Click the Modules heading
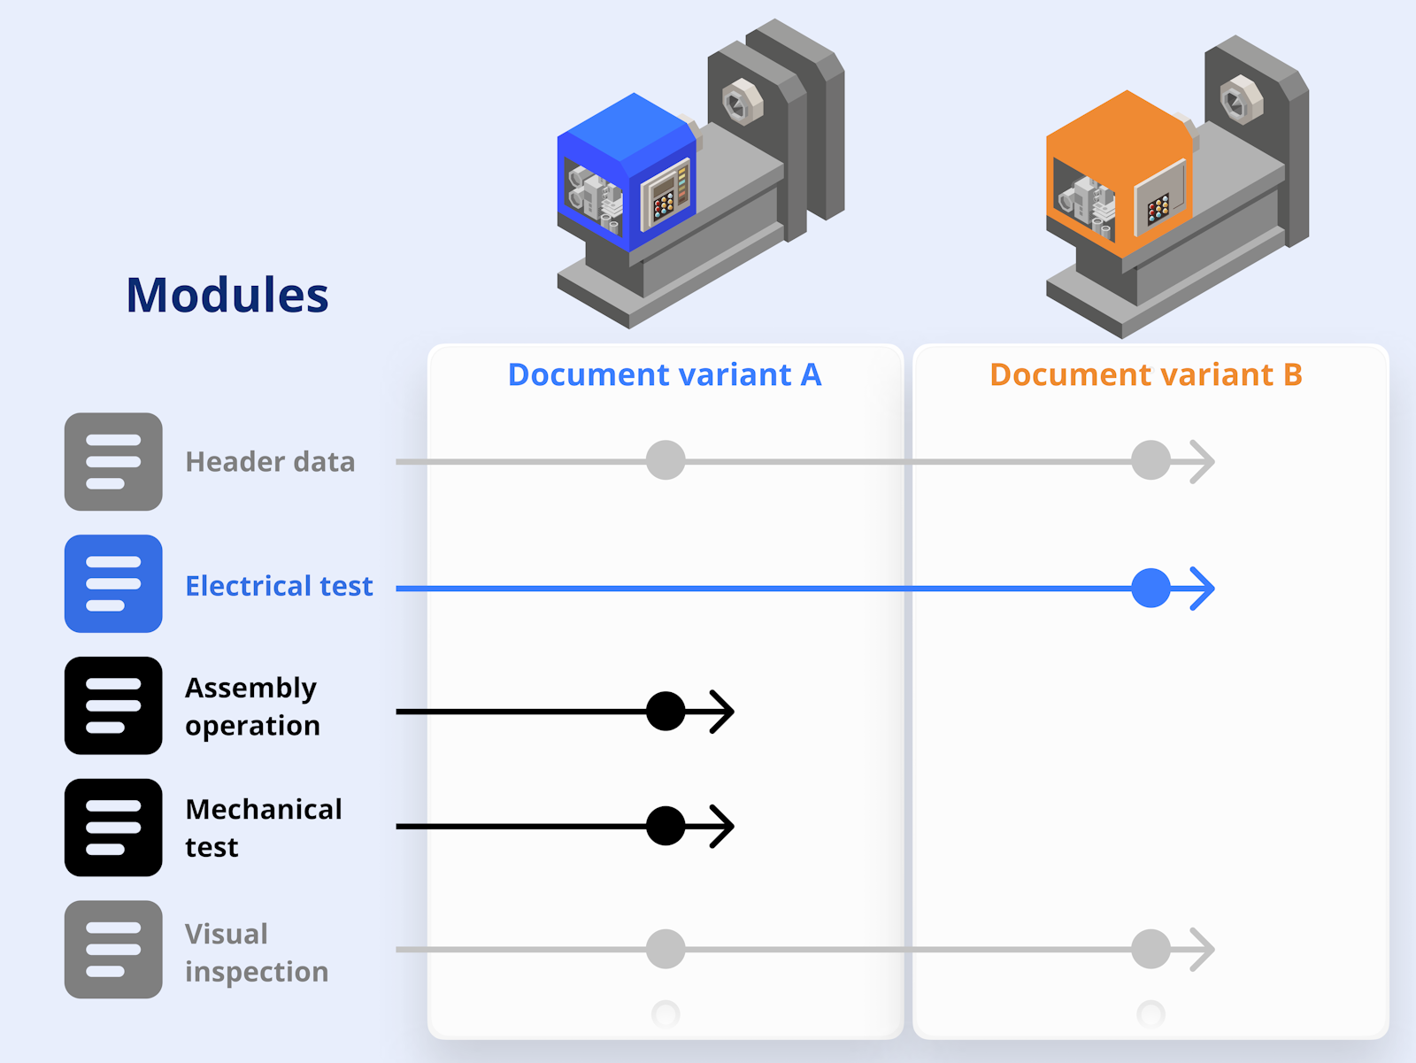pyautogui.click(x=227, y=295)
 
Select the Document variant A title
pyautogui.click(x=665, y=374)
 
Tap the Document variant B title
pyautogui.click(x=1146, y=374)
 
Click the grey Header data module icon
pyautogui.click(x=113, y=461)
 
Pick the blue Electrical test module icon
pyautogui.click(x=113, y=583)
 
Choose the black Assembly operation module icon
pyautogui.click(x=113, y=705)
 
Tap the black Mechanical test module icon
pyautogui.click(x=113, y=828)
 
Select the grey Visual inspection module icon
pyautogui.click(x=113, y=950)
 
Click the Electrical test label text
pyautogui.click(x=279, y=586)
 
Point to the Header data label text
pyautogui.click(x=270, y=462)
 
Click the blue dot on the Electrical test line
pyautogui.click(x=1150, y=588)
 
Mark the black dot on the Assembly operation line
pyautogui.click(x=666, y=711)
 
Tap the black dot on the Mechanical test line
pyautogui.click(x=666, y=826)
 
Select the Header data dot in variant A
pyautogui.click(x=666, y=460)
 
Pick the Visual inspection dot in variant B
pyautogui.click(x=1150, y=949)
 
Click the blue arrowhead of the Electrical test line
pyautogui.click(x=1203, y=588)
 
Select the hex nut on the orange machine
pyautogui.click(x=1241, y=99)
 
